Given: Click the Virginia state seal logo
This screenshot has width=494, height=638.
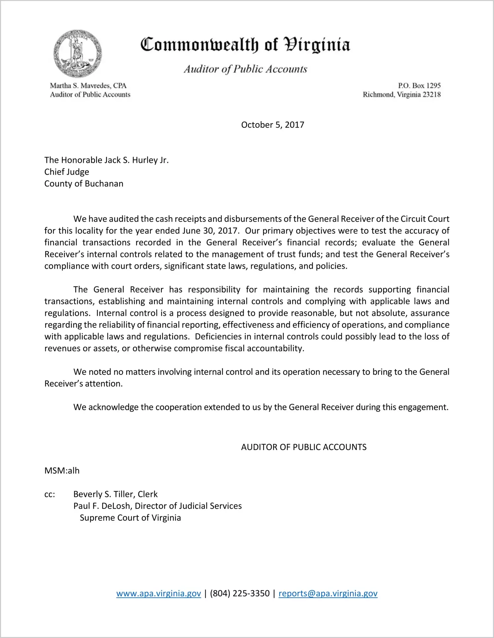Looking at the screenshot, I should [x=77, y=54].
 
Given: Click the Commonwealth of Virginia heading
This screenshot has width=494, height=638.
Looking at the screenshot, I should [x=245, y=45].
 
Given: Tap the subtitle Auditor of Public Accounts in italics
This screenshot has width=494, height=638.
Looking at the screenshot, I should [x=245, y=69].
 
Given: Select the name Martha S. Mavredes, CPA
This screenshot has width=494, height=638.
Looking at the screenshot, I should [x=88, y=86].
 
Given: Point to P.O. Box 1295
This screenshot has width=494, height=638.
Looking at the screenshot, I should [x=419, y=86].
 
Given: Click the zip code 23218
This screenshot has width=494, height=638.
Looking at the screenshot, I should [x=432, y=94].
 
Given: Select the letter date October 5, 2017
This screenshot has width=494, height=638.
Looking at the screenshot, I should [x=272, y=125].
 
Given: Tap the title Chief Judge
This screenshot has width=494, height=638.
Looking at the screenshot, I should [x=67, y=172].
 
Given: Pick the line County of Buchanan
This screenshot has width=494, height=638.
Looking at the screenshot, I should [x=84, y=184].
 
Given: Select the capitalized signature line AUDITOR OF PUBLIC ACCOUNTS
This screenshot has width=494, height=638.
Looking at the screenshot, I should [x=304, y=447].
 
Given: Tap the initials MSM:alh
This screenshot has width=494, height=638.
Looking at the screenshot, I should [x=62, y=470].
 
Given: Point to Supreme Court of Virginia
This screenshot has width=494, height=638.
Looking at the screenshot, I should [x=130, y=518].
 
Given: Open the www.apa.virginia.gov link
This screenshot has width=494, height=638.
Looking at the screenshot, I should [x=158, y=593].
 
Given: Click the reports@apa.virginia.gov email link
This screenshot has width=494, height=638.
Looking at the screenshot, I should [x=328, y=593].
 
